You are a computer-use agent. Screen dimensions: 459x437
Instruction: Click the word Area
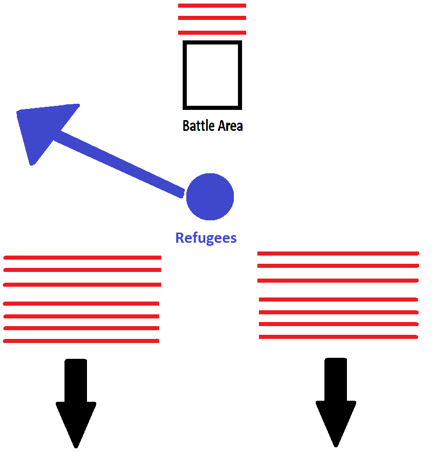pyautogui.click(x=229, y=126)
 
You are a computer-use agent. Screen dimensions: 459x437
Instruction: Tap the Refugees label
pyautogui.click(x=206, y=238)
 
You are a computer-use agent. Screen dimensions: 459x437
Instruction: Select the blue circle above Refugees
pyautogui.click(x=210, y=197)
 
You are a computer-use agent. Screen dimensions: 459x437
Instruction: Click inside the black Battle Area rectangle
pyautogui.click(x=212, y=75)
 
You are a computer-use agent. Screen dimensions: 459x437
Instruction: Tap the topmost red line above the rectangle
pyautogui.click(x=212, y=6)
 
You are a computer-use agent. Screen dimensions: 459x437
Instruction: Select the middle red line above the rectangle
pyautogui.click(x=212, y=18)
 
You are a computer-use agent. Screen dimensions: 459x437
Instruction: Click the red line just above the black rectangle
pyautogui.click(x=212, y=33)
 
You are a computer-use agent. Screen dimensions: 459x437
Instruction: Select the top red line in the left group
pyautogui.click(x=82, y=258)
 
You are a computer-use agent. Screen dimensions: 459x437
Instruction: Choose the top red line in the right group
pyautogui.click(x=338, y=254)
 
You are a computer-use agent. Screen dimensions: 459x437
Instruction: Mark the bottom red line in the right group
pyautogui.click(x=338, y=337)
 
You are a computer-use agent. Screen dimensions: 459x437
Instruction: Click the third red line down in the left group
pyautogui.click(x=82, y=285)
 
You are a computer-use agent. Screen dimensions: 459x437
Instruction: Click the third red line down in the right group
pyautogui.click(x=338, y=281)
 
